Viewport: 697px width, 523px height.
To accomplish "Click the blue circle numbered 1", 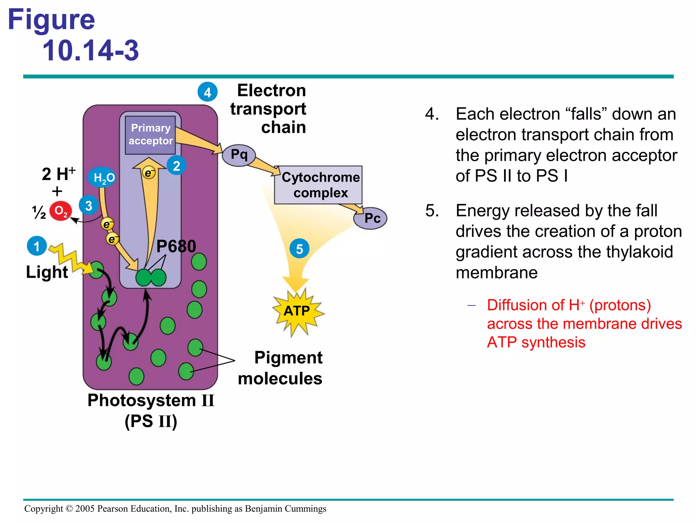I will point(37,246).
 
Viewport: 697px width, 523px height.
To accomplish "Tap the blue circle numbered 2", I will point(176,165).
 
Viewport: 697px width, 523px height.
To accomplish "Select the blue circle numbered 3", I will point(88,205).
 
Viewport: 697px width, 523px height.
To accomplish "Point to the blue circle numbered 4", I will point(208,92).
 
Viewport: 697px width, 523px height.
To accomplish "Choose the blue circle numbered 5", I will point(299,249).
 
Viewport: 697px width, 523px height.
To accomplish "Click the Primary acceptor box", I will point(150,135).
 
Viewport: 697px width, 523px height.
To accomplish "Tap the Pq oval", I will point(239,155).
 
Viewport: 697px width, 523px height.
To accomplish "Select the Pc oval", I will point(371,218).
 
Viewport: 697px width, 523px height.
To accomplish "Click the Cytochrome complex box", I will point(319,185).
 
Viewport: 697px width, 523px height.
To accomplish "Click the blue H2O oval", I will point(102,177).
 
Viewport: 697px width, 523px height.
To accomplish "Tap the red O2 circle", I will point(61,211).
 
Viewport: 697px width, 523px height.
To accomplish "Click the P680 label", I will point(176,246).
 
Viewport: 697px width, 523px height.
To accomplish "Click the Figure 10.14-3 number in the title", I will point(91,50).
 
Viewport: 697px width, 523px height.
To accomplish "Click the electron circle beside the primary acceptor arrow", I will point(149,173).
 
